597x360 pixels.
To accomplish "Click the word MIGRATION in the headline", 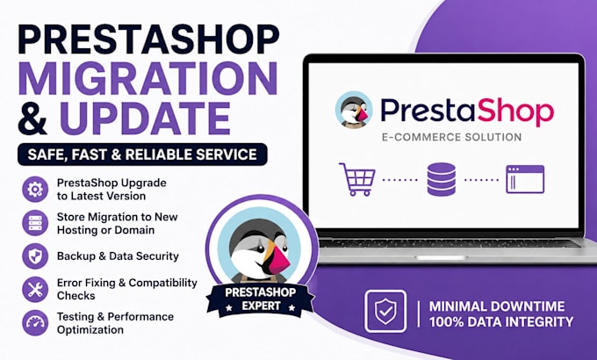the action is [148, 78].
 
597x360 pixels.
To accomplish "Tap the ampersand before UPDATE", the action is [32, 118].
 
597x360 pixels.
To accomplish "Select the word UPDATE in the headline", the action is [145, 118].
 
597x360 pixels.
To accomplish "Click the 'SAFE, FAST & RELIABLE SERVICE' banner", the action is [142, 155].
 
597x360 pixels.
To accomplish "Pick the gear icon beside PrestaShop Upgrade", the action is [35, 189].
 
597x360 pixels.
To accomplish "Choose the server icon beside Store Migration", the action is [35, 223].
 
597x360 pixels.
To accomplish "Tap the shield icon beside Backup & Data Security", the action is [35, 256].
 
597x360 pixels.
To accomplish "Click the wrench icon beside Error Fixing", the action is [35, 290].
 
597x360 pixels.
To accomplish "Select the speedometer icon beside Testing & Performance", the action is [35, 322].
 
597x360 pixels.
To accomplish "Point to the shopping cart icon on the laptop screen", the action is [356, 179].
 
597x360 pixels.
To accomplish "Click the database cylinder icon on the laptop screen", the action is [442, 179].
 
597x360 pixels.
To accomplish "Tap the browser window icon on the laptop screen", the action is [525, 179].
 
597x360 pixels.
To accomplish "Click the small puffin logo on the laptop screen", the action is [354, 110].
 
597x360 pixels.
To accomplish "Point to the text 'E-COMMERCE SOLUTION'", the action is [451, 137].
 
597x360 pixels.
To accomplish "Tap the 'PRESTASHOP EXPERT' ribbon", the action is [261, 299].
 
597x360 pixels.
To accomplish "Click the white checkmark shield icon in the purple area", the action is [385, 311].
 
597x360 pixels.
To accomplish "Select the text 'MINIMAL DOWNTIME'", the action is [497, 306].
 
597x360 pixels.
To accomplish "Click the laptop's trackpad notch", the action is [442, 258].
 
